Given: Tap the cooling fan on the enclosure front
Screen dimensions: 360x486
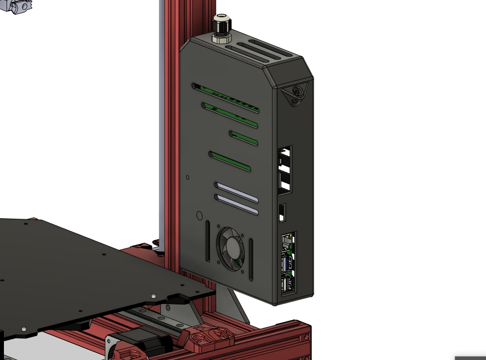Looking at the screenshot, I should [231, 248].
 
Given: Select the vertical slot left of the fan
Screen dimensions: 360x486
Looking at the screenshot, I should [207, 241].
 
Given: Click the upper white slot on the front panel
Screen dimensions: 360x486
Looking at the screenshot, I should [236, 192].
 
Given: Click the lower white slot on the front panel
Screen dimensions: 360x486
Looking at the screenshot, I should [236, 205].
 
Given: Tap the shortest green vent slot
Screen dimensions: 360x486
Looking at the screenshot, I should [244, 138].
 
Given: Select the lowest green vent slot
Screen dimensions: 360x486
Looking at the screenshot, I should [230, 162].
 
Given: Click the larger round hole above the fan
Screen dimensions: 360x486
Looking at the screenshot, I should [199, 216].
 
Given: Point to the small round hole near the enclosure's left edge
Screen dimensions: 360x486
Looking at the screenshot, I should [188, 177].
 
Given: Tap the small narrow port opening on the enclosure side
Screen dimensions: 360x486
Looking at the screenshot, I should [282, 213].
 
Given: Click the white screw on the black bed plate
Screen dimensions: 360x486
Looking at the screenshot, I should [153, 296].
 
